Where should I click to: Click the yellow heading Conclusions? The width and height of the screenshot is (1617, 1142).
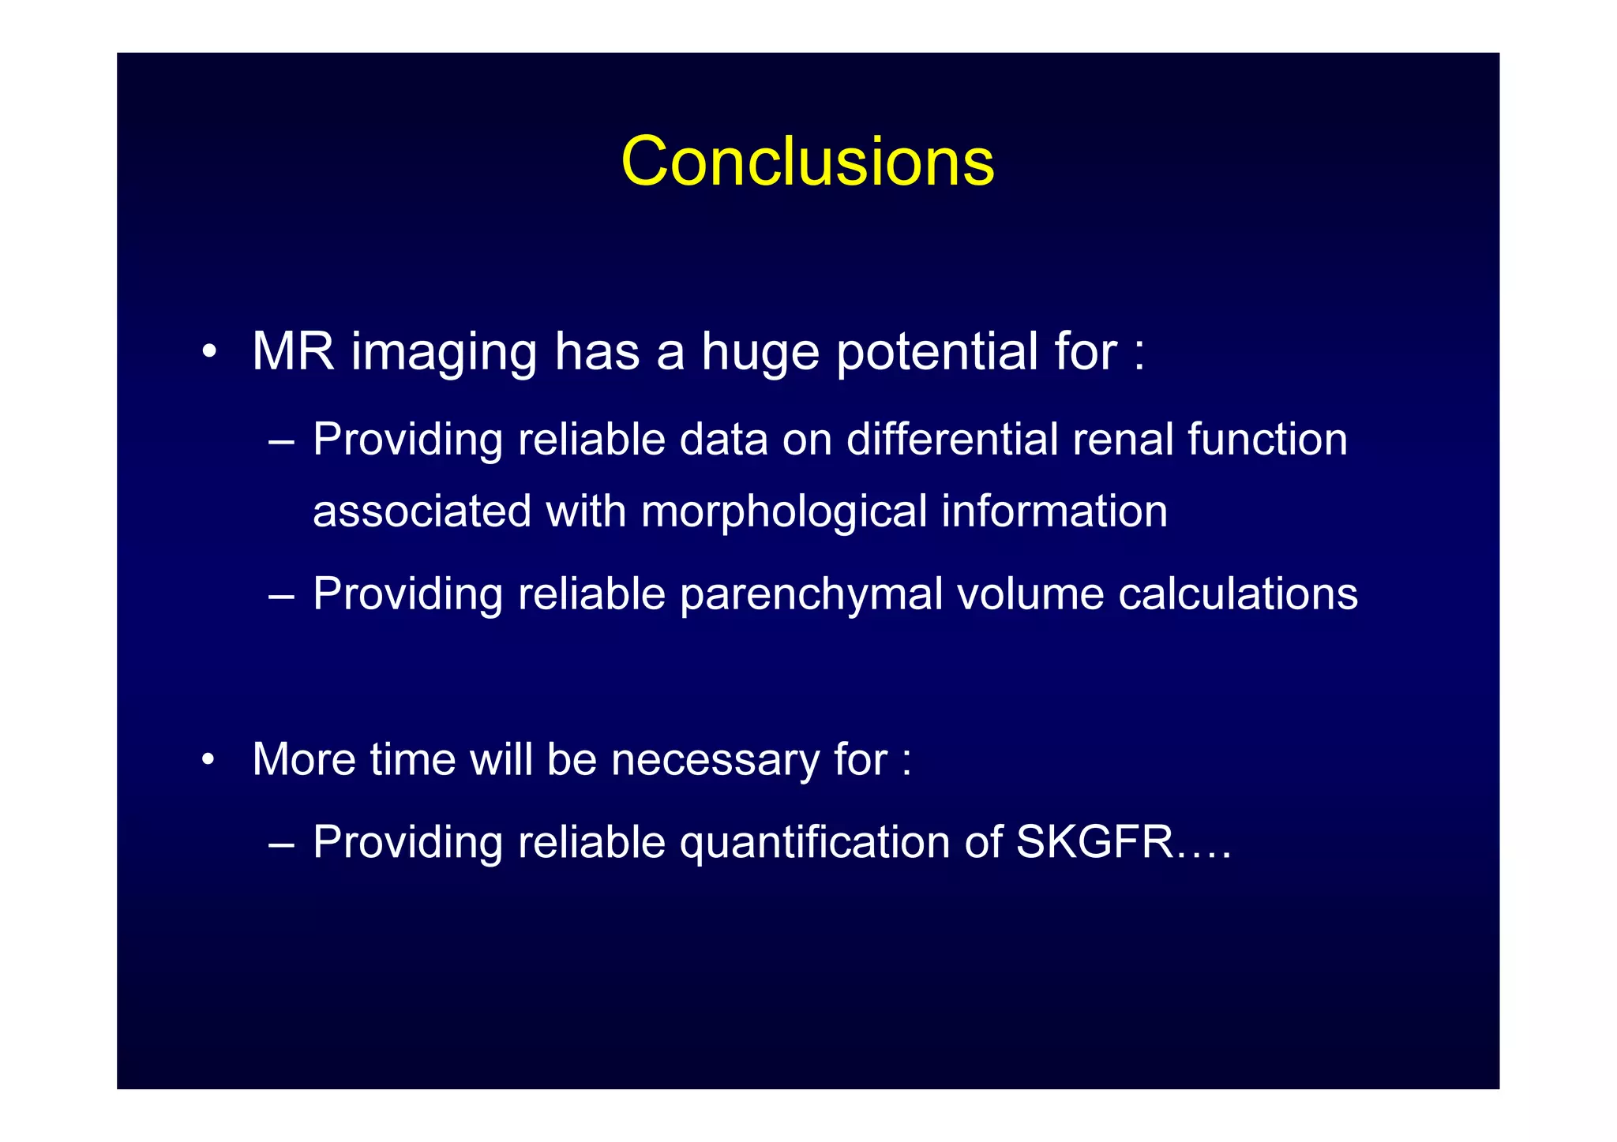(807, 162)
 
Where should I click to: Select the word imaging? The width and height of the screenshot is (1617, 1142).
(444, 353)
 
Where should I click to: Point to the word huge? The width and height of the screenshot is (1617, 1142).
(760, 353)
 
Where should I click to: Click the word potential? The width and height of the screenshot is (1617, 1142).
(936, 351)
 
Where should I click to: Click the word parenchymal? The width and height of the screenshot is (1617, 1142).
(811, 594)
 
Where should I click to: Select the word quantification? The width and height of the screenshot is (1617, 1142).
(815, 842)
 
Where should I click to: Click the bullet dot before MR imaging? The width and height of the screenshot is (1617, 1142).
(208, 352)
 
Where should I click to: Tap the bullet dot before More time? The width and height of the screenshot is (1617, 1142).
(208, 760)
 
